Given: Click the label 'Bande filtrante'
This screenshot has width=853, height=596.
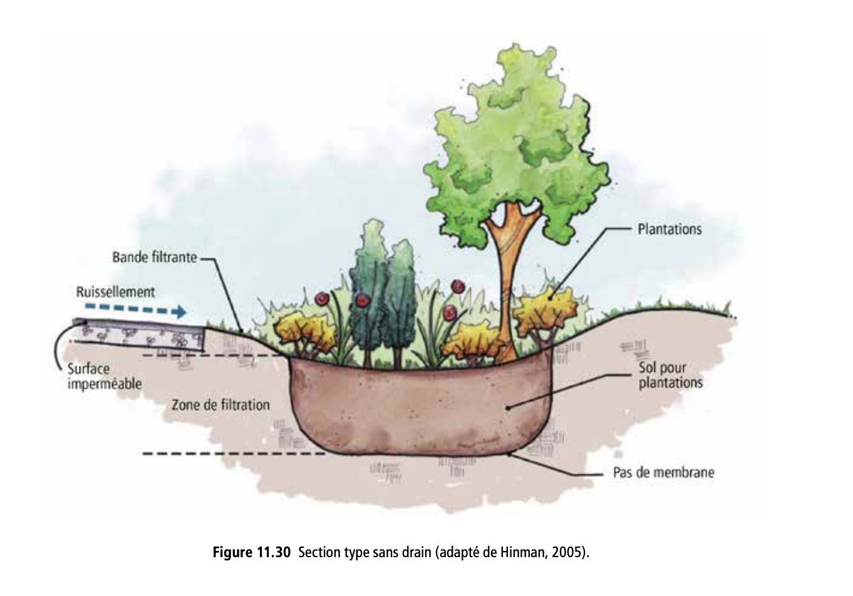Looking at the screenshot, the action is click(x=154, y=257).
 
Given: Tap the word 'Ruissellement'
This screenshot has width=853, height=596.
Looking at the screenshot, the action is click(x=115, y=292).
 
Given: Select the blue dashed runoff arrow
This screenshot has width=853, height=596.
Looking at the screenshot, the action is click(x=135, y=310).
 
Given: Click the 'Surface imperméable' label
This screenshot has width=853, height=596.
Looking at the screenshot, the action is click(x=104, y=376).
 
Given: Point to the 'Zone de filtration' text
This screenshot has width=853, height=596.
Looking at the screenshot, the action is click(x=220, y=405).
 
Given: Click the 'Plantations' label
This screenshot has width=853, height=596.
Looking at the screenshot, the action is click(x=669, y=229).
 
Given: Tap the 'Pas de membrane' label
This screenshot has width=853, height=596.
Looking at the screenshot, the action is click(x=663, y=473).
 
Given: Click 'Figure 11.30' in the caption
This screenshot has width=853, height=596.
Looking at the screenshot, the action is click(x=252, y=553).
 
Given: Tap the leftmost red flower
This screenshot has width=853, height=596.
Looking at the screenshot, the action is click(x=323, y=299).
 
